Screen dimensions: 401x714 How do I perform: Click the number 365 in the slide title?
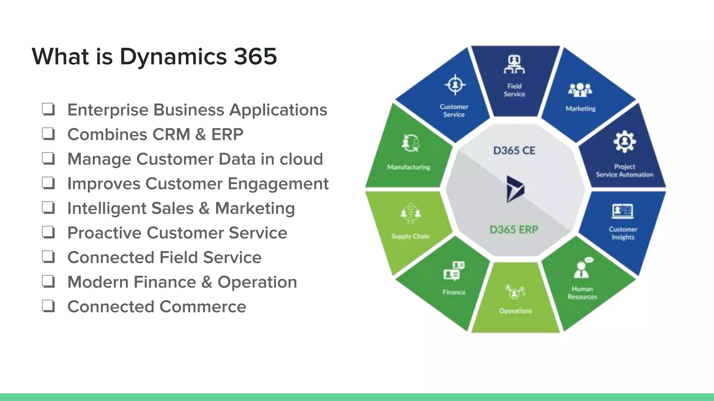tap(255, 56)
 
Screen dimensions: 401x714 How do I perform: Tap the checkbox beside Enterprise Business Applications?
tap(48, 109)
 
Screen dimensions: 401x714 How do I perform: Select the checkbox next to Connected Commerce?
tap(48, 306)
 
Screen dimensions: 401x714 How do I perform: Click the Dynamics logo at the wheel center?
tap(515, 189)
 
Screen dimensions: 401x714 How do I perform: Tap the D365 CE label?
tap(514, 151)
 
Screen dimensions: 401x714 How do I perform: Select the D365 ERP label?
tap(514, 230)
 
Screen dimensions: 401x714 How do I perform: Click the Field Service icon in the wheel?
tap(514, 65)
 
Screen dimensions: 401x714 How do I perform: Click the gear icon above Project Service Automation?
tap(624, 141)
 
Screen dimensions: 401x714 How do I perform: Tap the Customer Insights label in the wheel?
tap(623, 233)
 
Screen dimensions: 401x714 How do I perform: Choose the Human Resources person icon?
tap(582, 269)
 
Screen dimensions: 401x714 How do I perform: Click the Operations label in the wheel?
tap(515, 311)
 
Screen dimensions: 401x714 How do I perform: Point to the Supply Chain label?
tap(410, 236)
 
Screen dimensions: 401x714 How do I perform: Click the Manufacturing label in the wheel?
tap(409, 167)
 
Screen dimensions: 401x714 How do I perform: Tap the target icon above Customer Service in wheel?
tap(455, 85)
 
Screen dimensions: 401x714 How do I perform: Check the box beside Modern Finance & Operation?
tap(48, 282)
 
